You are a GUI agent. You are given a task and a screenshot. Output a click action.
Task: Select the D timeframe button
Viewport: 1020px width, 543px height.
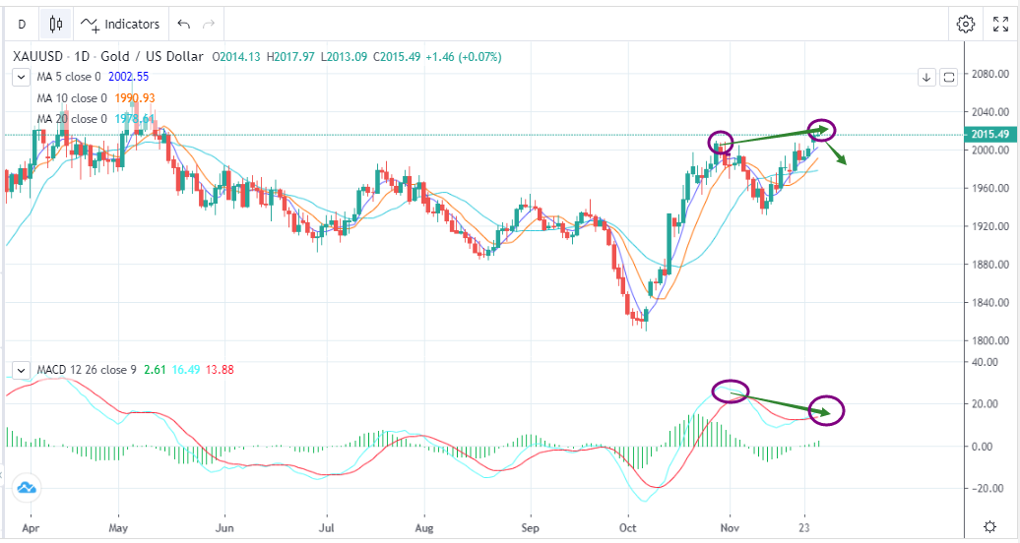tap(22, 24)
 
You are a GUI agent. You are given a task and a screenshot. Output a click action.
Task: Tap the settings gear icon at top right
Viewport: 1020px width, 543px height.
tap(966, 24)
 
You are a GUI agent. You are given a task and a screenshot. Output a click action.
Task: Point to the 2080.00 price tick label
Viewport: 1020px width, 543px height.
tap(988, 74)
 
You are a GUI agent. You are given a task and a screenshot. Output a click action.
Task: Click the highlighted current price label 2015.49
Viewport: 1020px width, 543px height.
tap(988, 135)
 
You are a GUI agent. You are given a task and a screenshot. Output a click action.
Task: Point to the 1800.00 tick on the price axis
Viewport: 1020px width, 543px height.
tap(988, 340)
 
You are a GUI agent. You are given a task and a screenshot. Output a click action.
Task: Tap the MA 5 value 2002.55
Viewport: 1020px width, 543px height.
tap(121, 76)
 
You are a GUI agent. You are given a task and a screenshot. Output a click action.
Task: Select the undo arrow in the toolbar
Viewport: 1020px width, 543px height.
tap(183, 24)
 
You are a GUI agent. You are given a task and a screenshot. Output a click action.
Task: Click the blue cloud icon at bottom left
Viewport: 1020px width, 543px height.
tap(26, 486)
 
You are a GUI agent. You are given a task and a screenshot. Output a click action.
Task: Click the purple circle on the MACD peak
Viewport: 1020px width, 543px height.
tap(730, 391)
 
